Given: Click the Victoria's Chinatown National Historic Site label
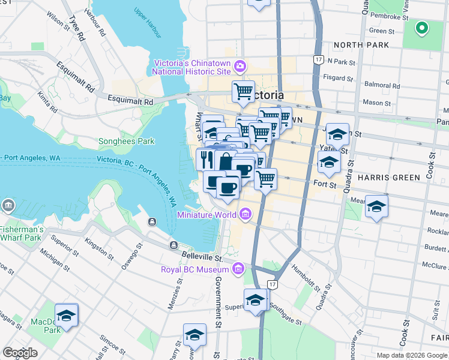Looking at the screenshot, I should (191, 67).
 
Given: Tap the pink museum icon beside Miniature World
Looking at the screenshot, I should (245, 214).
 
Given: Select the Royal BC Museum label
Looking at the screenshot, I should (196, 269).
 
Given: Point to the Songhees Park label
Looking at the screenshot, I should (126, 142).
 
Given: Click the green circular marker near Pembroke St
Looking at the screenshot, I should (421, 28).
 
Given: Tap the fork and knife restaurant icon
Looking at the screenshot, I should (205, 160).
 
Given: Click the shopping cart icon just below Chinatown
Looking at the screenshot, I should (243, 91).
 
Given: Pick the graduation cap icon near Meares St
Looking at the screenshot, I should (376, 207).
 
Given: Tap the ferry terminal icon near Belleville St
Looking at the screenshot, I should (173, 245).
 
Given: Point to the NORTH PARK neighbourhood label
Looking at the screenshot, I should (361, 45).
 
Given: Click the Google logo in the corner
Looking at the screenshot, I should (20, 353).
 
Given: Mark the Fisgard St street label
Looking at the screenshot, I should (338, 77).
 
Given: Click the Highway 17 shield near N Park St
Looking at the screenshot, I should (318, 59).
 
